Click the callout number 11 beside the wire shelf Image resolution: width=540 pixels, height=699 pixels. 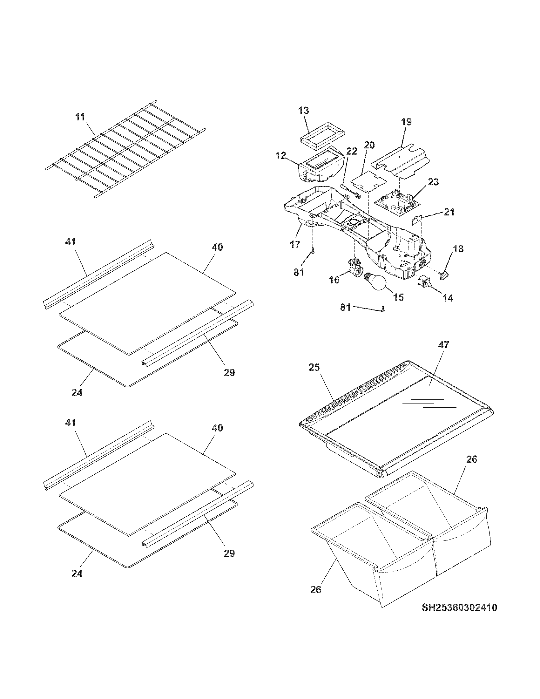point(80,117)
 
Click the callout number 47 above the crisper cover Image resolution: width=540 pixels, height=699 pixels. point(444,345)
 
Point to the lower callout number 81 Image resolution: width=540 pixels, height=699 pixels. point(346,307)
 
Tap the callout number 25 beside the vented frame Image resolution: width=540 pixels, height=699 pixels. point(314,368)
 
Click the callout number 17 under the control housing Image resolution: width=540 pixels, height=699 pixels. point(295,245)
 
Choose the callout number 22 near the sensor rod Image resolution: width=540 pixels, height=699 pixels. point(351,151)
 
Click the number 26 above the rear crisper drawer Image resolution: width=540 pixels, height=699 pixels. point(471,459)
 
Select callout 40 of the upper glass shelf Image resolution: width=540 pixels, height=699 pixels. point(217,247)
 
